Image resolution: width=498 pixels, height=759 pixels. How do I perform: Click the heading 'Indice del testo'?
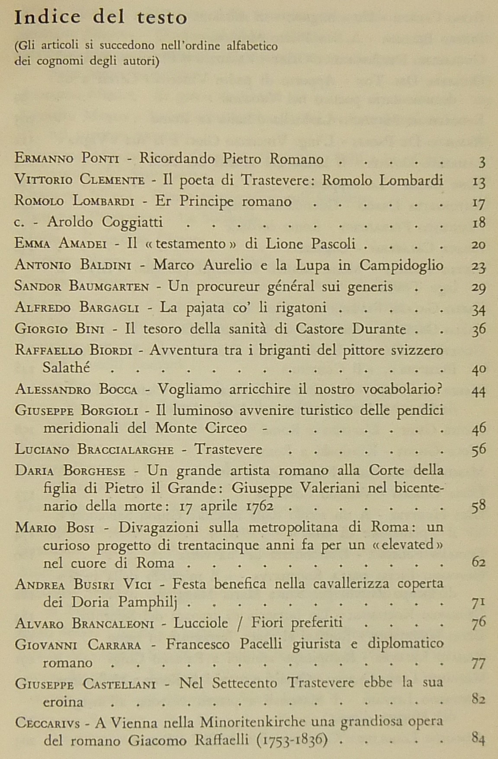pos(101,18)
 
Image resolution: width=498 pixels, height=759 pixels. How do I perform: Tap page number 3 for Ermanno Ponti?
pos(482,161)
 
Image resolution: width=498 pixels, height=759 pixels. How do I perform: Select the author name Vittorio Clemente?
pos(79,180)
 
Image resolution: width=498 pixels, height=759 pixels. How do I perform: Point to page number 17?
pos(479,203)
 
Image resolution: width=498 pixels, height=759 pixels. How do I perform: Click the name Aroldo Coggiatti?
pos(105,223)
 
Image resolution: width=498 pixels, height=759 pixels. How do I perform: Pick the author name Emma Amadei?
pos(61,244)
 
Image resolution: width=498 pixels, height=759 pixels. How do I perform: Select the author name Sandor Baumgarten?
pos(82,287)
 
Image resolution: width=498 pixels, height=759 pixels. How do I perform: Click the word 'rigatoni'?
pos(302,308)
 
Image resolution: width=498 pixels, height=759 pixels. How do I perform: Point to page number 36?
pos(479,329)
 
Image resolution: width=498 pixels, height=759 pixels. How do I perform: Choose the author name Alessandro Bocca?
pos(76,389)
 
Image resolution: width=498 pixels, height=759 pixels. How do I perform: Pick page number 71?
pos(479,602)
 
